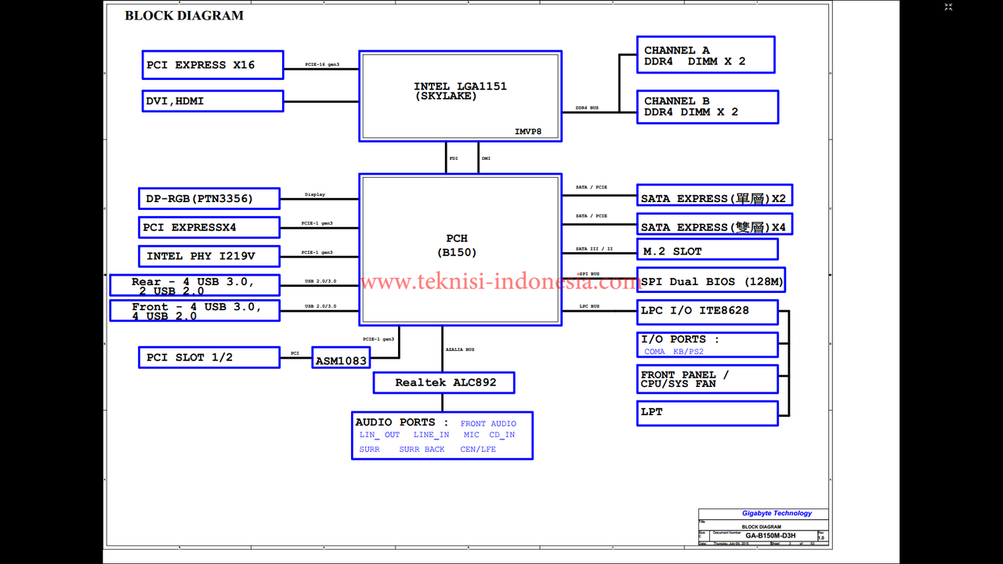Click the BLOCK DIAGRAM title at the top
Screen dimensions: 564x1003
tap(184, 16)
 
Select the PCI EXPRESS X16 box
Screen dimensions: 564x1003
tap(212, 65)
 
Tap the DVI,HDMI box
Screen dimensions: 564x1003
tap(212, 101)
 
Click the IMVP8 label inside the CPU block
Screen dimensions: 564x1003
tap(528, 132)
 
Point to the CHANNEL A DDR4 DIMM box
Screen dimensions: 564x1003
tap(705, 56)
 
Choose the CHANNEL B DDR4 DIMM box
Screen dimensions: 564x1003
tap(708, 107)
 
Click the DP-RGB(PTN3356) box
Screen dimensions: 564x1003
tap(208, 199)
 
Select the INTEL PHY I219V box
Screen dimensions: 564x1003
tap(208, 256)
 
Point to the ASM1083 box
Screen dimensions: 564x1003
tap(341, 361)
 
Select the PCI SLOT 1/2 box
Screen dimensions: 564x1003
tap(208, 357)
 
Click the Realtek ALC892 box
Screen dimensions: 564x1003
tap(444, 382)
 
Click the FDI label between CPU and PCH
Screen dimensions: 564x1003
tap(454, 159)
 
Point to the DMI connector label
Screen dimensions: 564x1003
tap(486, 159)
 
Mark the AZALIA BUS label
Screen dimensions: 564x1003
tap(459, 349)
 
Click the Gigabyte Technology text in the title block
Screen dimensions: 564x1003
tap(777, 514)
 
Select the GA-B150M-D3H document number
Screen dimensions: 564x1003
tap(769, 536)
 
